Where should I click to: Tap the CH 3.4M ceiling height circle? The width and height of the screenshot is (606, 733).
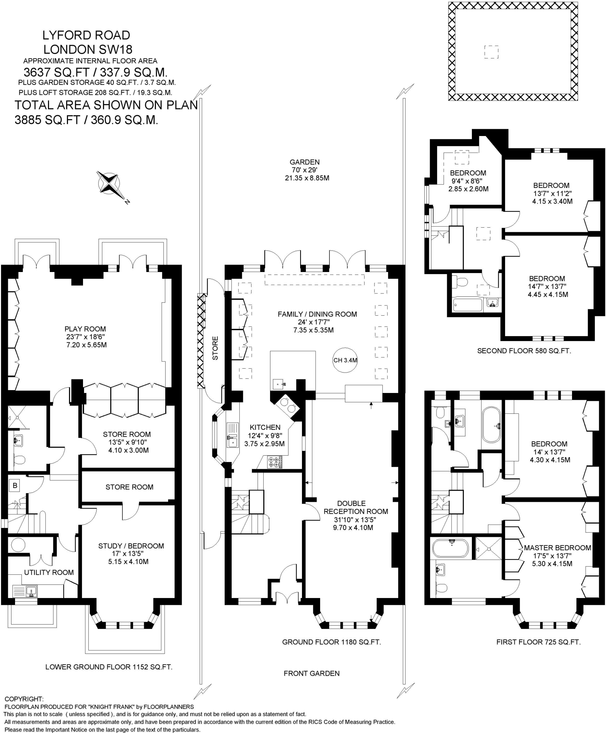click(x=345, y=360)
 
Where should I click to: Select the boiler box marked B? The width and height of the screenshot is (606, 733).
click(x=15, y=486)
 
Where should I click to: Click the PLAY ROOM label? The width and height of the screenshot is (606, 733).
click(x=85, y=329)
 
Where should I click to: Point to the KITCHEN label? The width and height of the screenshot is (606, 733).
click(x=265, y=427)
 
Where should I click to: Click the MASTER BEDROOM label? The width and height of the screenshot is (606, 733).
click(x=557, y=548)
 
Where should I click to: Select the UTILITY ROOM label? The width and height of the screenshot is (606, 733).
click(x=49, y=572)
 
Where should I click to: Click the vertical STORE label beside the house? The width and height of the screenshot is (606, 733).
click(x=215, y=348)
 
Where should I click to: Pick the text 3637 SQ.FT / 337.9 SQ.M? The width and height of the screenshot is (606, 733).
click(x=96, y=73)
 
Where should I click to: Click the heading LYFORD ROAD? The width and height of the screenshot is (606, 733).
click(x=86, y=35)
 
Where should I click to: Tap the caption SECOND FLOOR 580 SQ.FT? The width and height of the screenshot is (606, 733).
click(x=524, y=351)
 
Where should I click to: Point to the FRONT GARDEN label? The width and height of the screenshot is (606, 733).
click(x=311, y=673)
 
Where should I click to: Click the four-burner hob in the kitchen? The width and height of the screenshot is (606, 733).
click(x=275, y=462)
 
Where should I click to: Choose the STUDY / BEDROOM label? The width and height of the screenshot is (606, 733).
click(x=131, y=546)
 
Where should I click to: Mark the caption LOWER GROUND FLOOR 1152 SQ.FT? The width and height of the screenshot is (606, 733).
click(x=109, y=667)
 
